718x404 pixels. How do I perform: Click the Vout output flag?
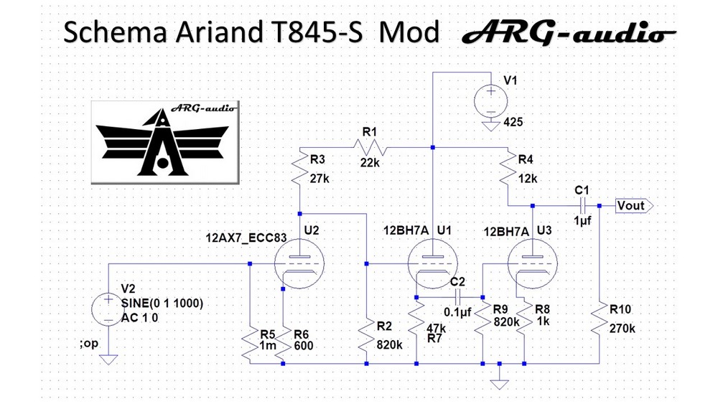634,206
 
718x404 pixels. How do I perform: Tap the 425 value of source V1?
513,122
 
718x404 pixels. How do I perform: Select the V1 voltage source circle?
491,102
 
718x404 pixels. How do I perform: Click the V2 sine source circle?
108,310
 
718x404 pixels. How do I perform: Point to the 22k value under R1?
370,162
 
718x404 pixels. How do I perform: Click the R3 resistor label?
317,159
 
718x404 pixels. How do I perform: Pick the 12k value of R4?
528,179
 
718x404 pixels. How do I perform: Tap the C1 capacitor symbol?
582,206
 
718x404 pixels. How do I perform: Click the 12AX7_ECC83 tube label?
246,238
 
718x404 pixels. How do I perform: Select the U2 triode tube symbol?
299,263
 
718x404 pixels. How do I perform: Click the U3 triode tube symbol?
533,263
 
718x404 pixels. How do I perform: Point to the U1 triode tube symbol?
432,263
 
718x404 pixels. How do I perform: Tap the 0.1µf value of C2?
457,312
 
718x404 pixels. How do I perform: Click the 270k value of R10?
623,329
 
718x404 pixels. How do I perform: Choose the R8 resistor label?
543,309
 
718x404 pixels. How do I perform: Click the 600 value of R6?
304,345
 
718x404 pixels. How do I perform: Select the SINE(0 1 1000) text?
162,304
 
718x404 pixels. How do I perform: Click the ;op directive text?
89,343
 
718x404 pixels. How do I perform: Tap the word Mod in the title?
409,32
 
